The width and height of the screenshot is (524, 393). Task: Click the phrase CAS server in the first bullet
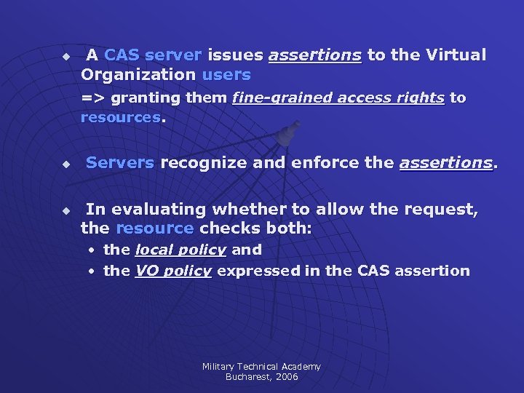click(153, 55)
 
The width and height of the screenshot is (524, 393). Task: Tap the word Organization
click(138, 75)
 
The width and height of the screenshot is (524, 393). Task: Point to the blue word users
click(226, 75)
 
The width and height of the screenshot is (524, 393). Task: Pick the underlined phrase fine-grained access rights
click(338, 98)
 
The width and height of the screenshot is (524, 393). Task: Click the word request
click(440, 210)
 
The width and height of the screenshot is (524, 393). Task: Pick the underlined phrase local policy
click(180, 250)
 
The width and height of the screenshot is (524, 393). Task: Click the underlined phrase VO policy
click(173, 271)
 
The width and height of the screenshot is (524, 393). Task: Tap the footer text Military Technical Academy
click(261, 367)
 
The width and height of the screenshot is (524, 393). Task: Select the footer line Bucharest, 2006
click(261, 377)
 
